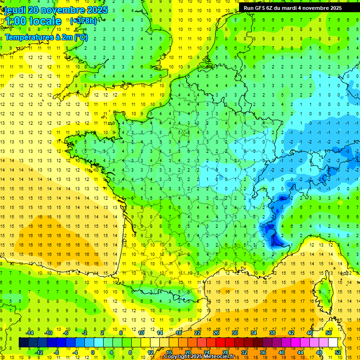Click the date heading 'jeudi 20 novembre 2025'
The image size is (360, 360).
click(56, 10)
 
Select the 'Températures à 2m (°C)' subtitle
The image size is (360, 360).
click(46, 37)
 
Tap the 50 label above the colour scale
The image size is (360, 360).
click(329, 333)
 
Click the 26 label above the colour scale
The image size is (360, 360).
click(216, 333)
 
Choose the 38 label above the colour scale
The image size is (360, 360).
click(272, 333)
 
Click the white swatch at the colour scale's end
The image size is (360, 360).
click(333, 343)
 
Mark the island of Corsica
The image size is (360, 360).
click(322, 291)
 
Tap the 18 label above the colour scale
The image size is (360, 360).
click(179, 333)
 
